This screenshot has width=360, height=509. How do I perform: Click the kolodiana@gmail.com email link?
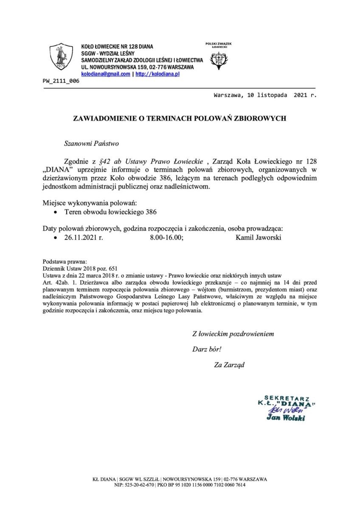[x=106, y=74]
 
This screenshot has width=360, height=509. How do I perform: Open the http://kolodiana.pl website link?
[x=157, y=74]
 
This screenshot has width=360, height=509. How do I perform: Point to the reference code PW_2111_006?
[x=61, y=81]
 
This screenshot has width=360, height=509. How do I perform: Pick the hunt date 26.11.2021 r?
[x=84, y=238]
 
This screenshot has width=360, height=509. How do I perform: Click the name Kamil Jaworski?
[x=258, y=238]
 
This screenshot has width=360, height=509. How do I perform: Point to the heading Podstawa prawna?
[x=65, y=262]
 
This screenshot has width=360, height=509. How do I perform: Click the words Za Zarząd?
[x=230, y=364]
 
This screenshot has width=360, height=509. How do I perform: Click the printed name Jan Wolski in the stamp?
[x=285, y=418]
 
